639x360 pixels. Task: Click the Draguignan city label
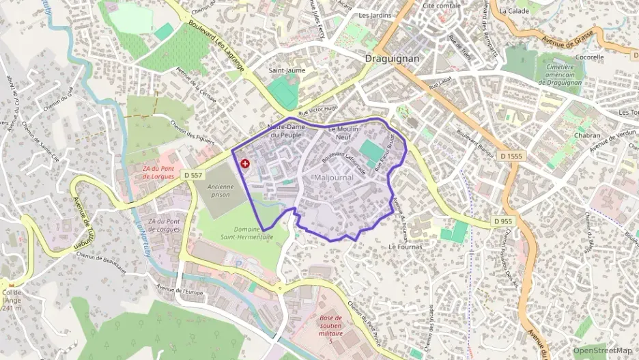(x=392, y=59)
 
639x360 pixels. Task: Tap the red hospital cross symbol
(x=245, y=163)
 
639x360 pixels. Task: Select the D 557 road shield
(x=194, y=176)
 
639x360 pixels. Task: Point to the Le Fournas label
(x=406, y=246)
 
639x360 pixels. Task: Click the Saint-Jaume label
(x=287, y=70)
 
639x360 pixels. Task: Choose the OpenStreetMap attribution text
(x=603, y=350)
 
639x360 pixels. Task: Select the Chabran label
(x=568, y=135)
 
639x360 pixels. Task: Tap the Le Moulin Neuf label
(x=343, y=133)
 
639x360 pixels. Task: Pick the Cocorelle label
(x=590, y=57)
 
